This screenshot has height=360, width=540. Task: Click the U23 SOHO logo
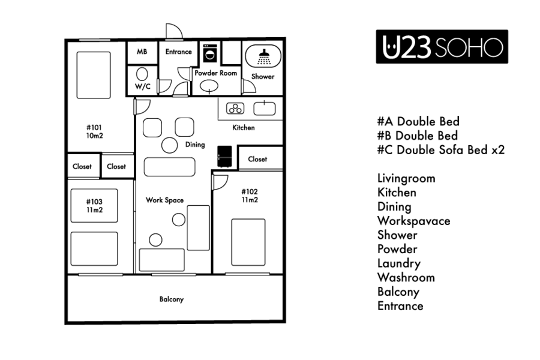(442, 47)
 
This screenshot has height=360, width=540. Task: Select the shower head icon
(264, 57)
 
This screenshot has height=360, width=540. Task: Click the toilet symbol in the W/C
(142, 74)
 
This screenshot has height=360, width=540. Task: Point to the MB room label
(142, 52)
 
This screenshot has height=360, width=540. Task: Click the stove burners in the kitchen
(235, 109)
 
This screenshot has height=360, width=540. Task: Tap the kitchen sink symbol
(265, 109)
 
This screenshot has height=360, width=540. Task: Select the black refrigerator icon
(224, 157)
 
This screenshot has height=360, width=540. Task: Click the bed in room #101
(94, 75)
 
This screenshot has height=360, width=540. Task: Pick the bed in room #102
(248, 242)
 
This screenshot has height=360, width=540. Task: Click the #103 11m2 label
(94, 206)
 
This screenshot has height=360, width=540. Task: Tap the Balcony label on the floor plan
(172, 299)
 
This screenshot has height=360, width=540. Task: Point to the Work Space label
(164, 200)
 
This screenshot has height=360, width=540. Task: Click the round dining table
(169, 145)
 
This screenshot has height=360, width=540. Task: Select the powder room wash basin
(209, 86)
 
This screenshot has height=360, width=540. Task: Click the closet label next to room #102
(257, 159)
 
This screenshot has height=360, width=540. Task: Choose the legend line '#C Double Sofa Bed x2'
(441, 150)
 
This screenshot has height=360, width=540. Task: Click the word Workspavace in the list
(413, 221)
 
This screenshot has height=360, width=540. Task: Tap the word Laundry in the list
(399, 263)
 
